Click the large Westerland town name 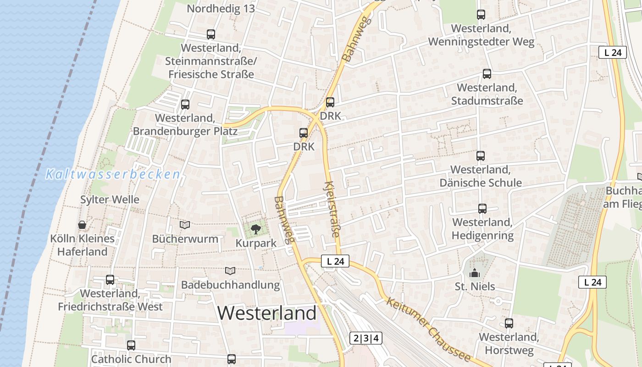point(266,313)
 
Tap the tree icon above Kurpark point(255,228)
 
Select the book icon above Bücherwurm point(185,225)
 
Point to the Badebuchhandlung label point(230,285)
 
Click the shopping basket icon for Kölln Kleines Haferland point(82,225)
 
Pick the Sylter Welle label point(110,200)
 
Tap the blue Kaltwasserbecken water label point(113,174)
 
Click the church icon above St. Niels point(474,273)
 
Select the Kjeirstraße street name point(332,209)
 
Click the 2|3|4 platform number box point(366,339)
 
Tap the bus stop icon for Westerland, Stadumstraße point(487,73)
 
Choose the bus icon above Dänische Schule point(480,156)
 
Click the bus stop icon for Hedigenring point(482,209)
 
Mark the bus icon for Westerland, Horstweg point(509,323)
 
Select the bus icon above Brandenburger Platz point(185,105)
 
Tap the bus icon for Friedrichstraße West point(110,280)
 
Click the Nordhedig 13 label point(221,8)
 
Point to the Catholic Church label point(131,359)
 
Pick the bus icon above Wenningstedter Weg point(481,15)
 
